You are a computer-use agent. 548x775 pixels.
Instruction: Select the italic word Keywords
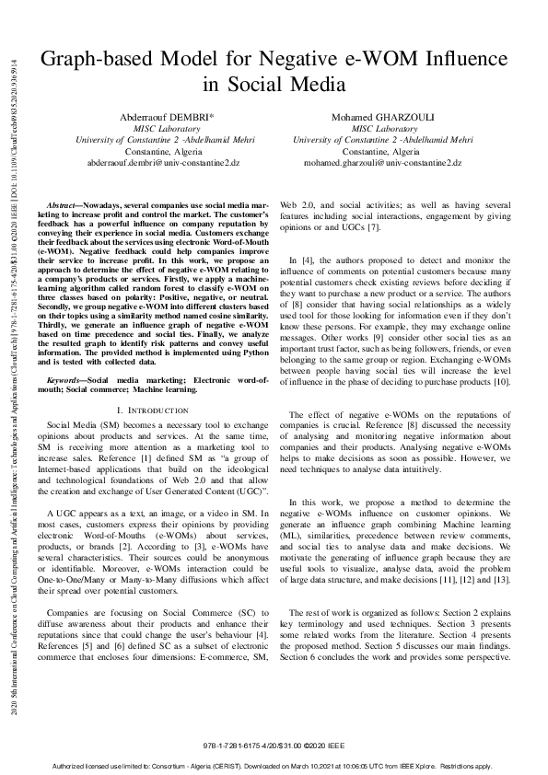point(67,378)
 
